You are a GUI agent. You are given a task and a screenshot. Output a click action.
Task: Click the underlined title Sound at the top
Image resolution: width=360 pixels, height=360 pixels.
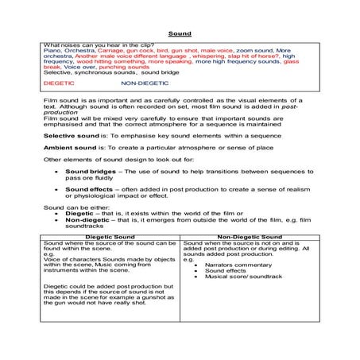(180, 34)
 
